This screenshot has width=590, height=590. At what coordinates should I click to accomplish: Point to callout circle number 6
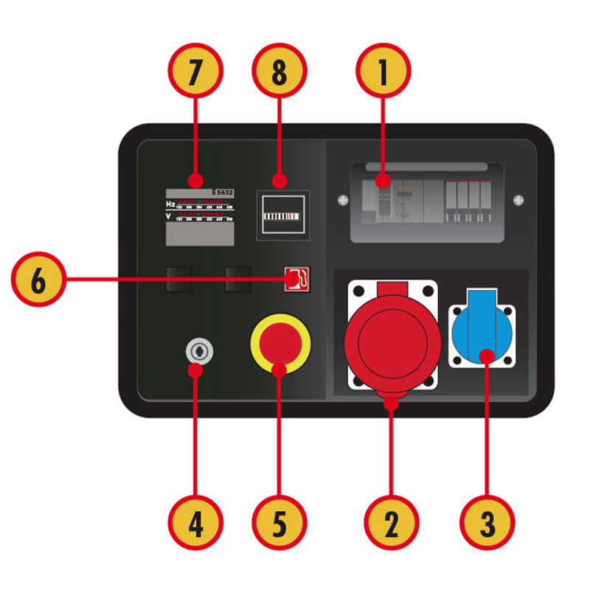[38, 280]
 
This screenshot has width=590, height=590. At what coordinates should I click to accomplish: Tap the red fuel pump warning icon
[298, 279]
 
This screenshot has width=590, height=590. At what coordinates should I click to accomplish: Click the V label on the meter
[170, 216]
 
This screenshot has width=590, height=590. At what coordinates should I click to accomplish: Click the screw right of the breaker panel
[518, 199]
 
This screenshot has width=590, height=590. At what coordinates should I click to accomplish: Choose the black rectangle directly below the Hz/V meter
[178, 279]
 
